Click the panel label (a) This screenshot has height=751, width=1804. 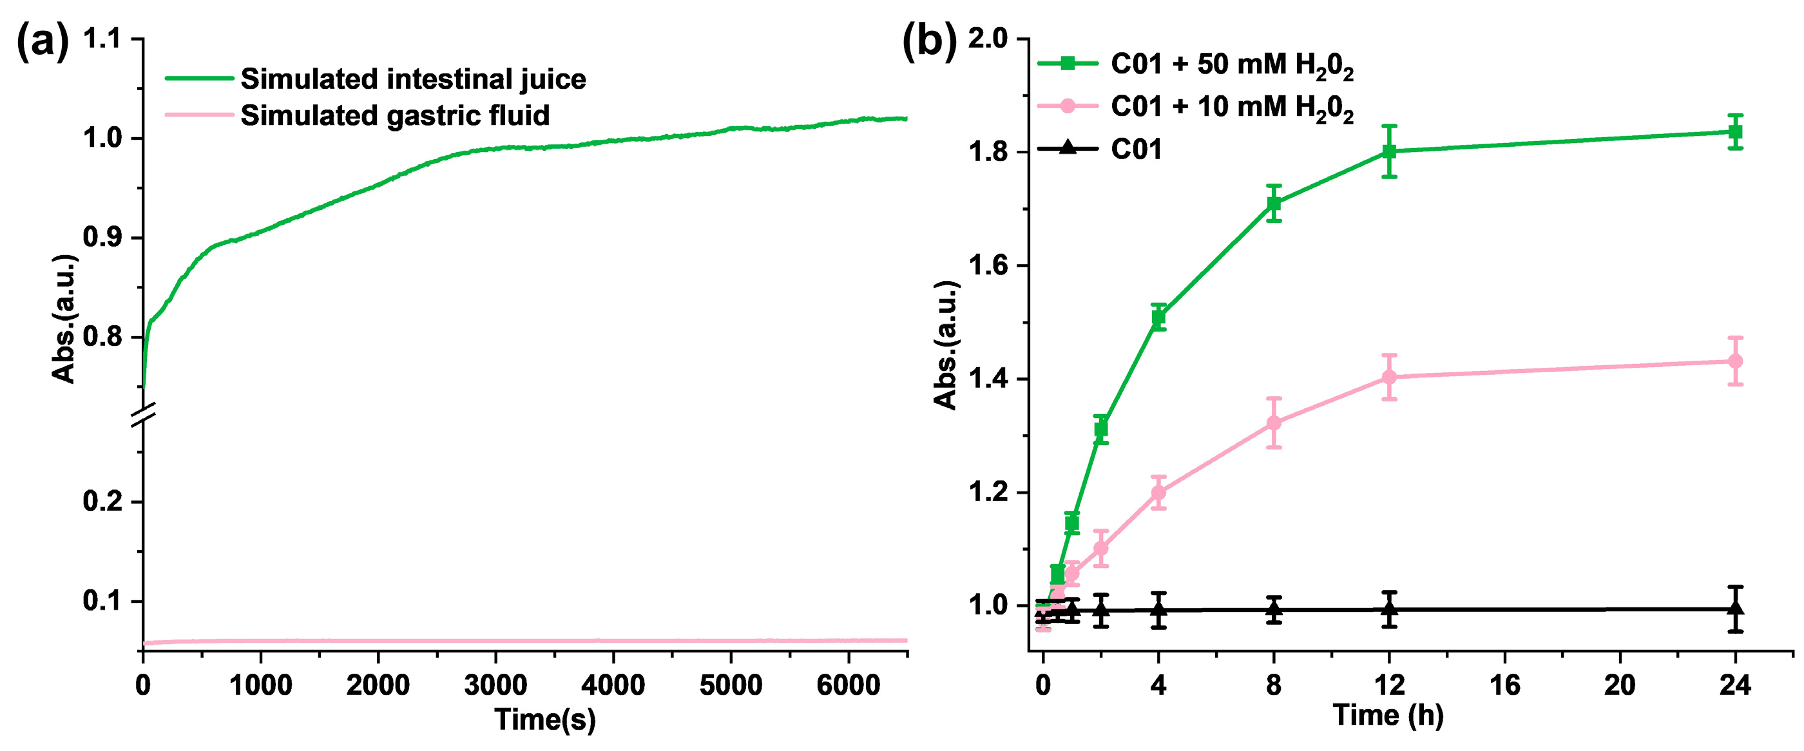pos(42,42)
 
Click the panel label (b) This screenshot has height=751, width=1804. pos(928,42)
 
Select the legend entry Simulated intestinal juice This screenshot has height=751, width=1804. pos(412,79)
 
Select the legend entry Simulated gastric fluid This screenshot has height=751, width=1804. pos(394,115)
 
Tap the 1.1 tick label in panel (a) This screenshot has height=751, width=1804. pos(103,39)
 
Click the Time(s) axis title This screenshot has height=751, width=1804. pos(545,719)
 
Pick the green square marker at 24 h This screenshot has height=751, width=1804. pos(1734,131)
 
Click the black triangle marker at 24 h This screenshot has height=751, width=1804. pos(1734,607)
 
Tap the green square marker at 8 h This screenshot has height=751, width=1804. pos(1274,204)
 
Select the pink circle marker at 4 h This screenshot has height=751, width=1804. pos(1158,492)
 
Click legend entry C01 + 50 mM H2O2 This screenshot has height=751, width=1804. pos(1231,65)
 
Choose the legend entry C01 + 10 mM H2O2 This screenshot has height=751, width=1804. pos(1231,107)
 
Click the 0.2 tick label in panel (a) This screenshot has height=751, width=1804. pos(103,501)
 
